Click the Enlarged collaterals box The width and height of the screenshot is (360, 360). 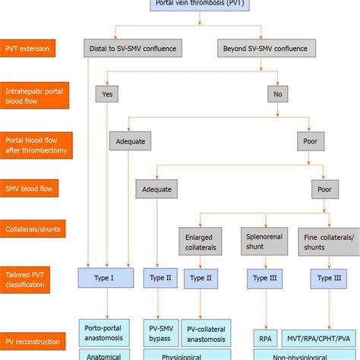(x=201, y=242)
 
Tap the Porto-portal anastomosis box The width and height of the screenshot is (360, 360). (x=106, y=333)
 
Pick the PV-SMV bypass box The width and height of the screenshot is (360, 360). (x=160, y=333)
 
